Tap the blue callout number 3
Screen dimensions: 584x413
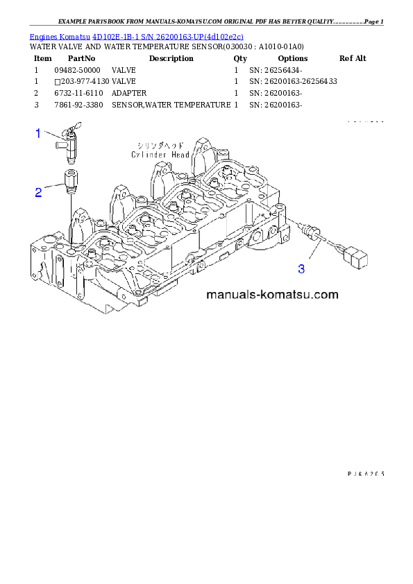tap(301, 268)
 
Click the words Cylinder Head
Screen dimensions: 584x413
tap(160, 155)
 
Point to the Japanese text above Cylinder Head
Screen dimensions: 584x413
tap(160, 146)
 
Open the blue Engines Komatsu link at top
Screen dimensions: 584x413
tap(136, 36)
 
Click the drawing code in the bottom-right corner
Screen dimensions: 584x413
tap(365, 474)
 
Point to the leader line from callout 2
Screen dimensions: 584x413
tap(54, 186)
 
